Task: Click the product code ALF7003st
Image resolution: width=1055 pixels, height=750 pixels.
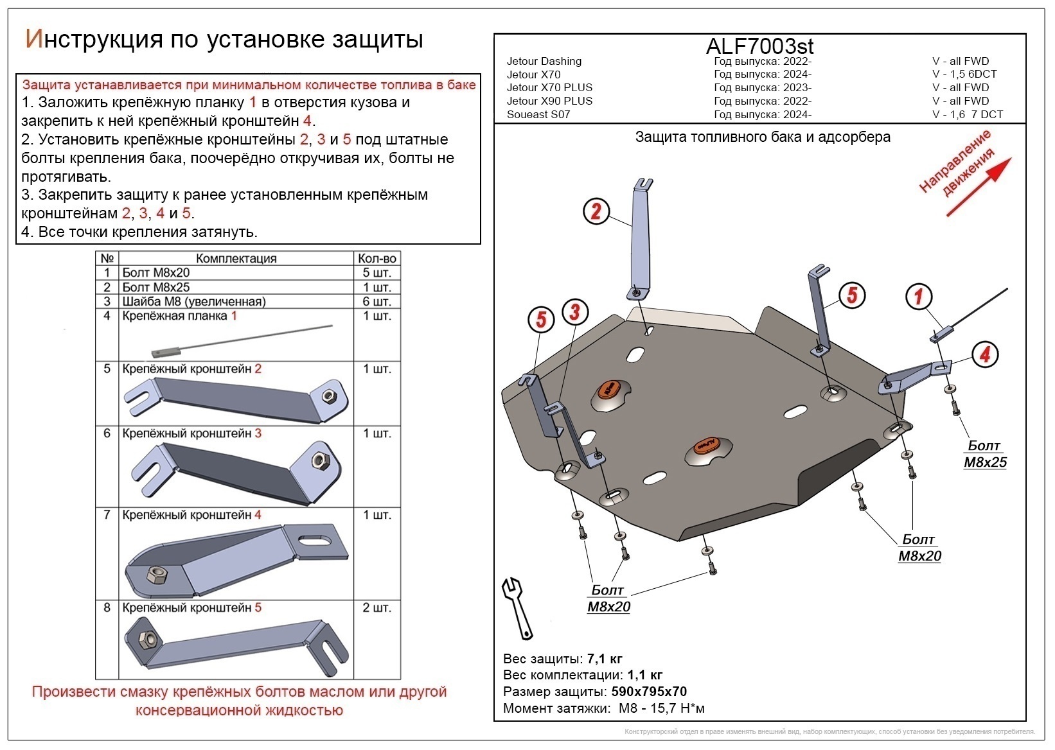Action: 759,46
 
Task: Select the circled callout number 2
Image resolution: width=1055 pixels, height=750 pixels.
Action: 596,211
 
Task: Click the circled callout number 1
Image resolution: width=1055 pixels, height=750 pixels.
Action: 918,297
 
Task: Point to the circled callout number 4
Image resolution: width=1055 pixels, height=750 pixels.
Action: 984,354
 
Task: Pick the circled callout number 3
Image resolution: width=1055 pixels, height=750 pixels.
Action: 574,312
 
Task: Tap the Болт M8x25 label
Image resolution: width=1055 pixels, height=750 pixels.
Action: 985,454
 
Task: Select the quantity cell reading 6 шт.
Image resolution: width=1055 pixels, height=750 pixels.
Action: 377,301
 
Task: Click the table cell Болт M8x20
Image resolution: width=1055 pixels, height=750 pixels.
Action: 156,273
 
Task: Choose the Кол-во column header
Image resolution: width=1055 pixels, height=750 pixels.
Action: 377,258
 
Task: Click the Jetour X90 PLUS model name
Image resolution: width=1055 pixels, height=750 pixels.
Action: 549,101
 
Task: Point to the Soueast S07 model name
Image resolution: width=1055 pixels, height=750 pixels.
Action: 538,114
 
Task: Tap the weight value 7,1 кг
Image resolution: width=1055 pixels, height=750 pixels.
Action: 605,659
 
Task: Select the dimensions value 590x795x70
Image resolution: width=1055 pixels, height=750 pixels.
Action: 648,692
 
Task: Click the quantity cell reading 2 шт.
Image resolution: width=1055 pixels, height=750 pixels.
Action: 377,607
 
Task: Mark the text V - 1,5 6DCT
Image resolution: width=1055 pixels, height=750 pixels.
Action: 964,74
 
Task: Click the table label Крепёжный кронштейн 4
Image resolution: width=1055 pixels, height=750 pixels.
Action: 191,515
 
